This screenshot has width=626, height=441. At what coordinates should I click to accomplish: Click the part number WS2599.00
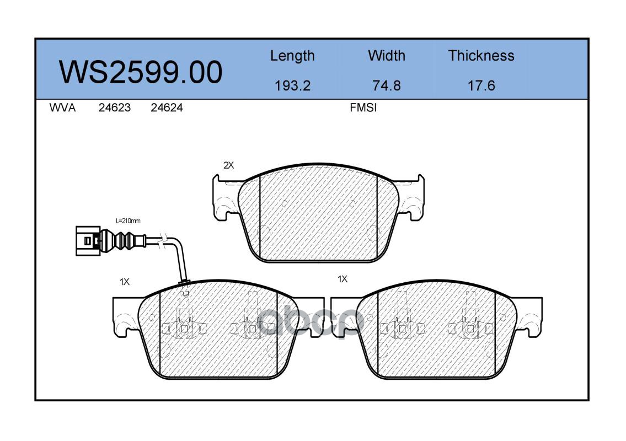(x=141, y=72)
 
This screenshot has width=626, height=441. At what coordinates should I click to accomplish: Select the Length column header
(x=292, y=56)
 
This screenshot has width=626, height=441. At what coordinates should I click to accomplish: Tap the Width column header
(x=387, y=56)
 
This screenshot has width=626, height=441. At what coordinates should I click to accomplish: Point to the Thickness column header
(x=481, y=56)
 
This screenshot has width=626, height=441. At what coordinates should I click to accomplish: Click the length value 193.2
(x=293, y=86)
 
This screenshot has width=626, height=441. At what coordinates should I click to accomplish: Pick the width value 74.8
(x=387, y=86)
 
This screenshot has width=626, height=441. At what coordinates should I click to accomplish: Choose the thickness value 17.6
(x=481, y=86)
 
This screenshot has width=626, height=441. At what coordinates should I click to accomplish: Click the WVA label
(x=62, y=107)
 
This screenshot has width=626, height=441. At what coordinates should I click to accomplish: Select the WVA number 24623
(x=115, y=107)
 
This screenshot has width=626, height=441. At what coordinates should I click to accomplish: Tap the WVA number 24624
(x=167, y=107)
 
